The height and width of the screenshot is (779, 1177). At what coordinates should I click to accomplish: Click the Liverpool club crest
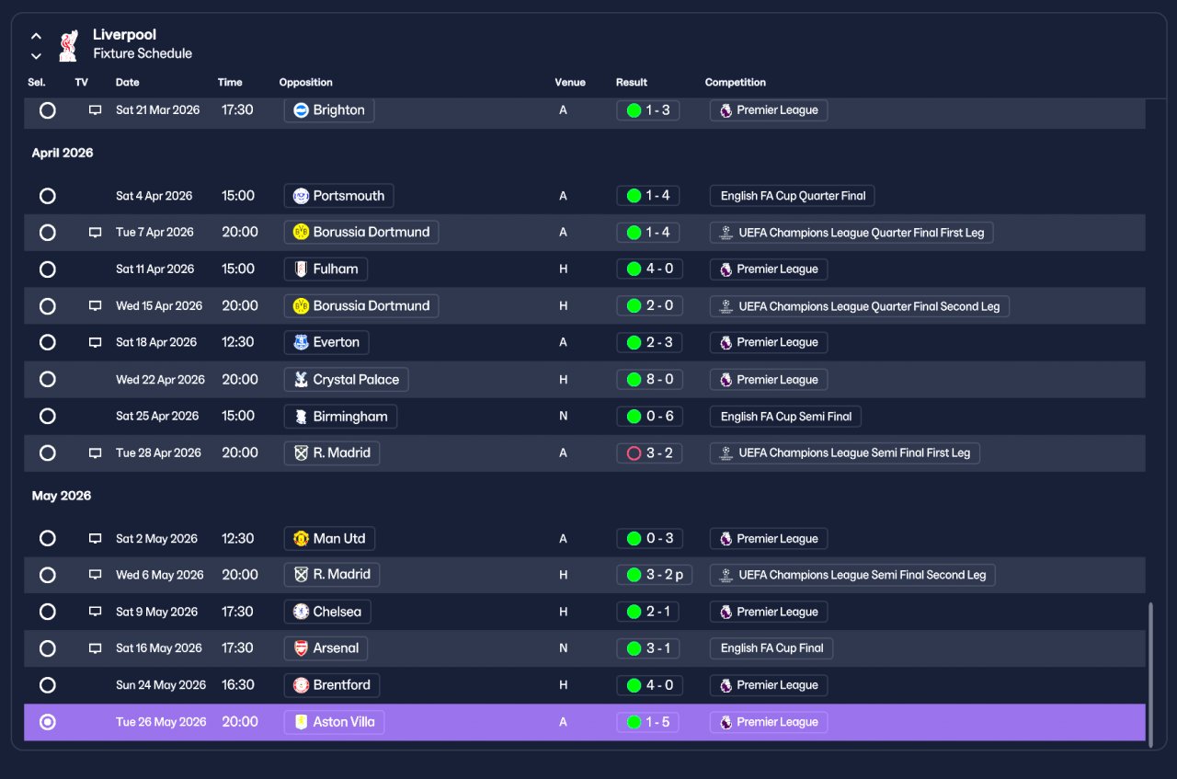69,45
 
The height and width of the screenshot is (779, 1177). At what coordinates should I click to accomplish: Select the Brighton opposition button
329,110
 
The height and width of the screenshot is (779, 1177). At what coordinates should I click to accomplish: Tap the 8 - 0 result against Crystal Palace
649,380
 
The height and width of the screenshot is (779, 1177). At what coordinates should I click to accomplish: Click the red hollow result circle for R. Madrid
634,453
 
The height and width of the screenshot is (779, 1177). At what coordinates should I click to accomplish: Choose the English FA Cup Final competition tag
771,648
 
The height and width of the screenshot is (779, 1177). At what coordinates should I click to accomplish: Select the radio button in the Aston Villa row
47,722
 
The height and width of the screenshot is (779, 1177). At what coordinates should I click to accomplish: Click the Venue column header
569,83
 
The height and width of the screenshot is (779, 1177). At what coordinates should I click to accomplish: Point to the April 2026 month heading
63,153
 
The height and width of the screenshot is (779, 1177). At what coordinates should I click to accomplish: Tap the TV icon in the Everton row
95,343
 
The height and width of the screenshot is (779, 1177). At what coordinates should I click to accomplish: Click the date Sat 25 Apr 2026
157,417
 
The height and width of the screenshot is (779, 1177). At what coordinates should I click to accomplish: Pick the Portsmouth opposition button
339,196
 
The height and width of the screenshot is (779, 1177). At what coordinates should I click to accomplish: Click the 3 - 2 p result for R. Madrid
654,575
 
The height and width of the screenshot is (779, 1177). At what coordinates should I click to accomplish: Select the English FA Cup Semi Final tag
785,417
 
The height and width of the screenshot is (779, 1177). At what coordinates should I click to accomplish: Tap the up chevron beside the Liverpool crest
36,36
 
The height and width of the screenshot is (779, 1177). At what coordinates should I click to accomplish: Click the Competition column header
735,83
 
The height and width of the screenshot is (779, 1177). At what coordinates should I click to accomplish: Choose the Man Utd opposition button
329,539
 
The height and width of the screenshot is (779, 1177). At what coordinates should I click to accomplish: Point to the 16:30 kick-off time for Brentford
237,685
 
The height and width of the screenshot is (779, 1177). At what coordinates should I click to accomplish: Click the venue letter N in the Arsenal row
564,648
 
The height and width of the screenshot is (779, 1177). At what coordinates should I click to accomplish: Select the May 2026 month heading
62,496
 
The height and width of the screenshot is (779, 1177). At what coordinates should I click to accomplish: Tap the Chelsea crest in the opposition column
301,612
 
